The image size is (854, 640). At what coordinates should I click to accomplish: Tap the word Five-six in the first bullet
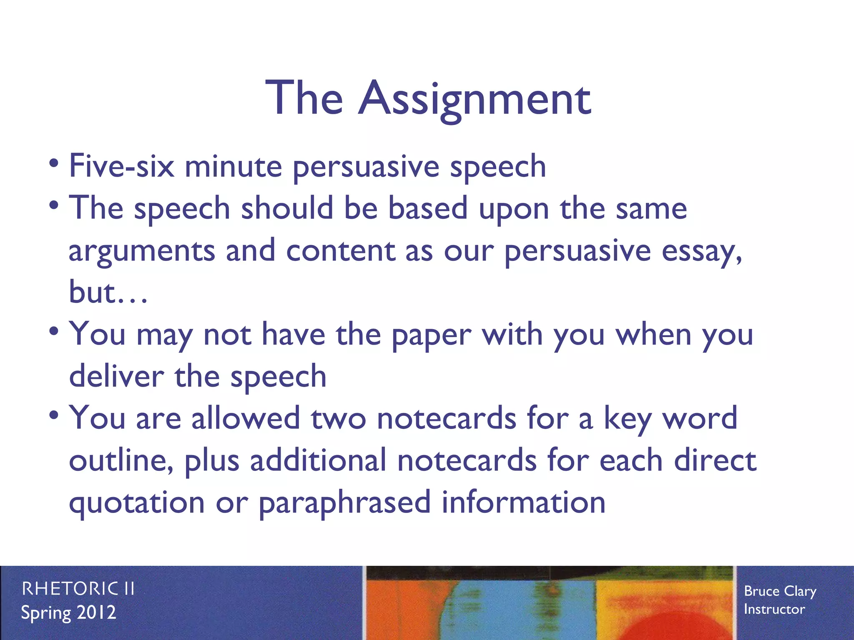click(x=121, y=166)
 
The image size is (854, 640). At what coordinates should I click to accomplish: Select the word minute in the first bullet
click(x=234, y=166)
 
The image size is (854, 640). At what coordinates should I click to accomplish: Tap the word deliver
click(x=116, y=376)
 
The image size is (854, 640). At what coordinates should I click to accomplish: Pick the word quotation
click(x=136, y=503)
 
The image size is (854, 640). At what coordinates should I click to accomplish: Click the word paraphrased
click(x=344, y=503)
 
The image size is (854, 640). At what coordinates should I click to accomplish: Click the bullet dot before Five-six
click(x=53, y=163)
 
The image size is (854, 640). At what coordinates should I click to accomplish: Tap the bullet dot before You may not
click(x=53, y=331)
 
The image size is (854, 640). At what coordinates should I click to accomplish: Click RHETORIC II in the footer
click(x=78, y=589)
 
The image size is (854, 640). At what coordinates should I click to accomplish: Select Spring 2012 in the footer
click(x=69, y=613)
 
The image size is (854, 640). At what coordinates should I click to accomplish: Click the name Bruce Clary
click(x=780, y=591)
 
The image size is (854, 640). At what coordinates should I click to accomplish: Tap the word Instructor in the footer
click(x=774, y=610)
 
